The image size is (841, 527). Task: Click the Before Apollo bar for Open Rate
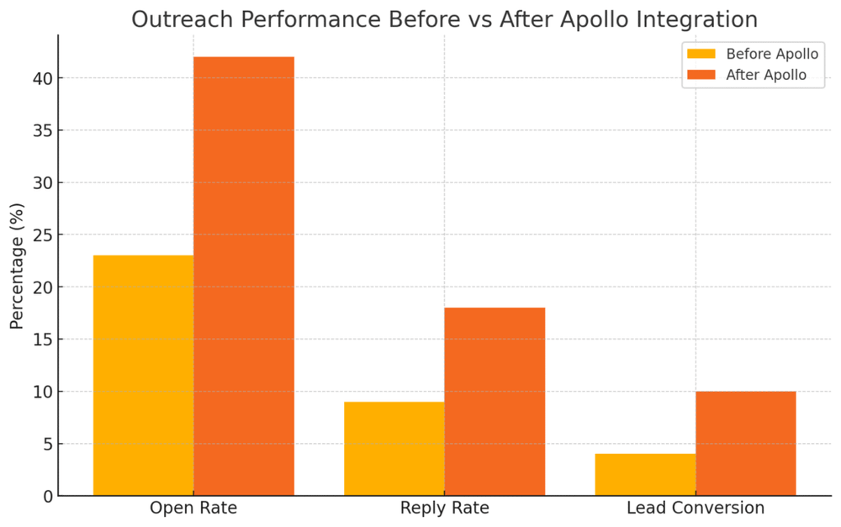point(143,376)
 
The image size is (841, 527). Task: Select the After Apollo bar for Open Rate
point(244,277)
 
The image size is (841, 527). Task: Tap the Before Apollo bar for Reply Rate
point(394,449)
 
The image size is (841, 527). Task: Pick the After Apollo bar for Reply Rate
point(495,402)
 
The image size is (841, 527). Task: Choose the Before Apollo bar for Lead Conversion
point(645,475)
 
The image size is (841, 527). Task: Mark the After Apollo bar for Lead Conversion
point(746,444)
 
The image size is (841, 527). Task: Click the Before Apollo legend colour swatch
point(701,55)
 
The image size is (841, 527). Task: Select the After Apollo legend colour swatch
point(701,75)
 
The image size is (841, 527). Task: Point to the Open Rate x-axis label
point(193,509)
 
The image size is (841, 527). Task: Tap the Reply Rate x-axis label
point(445,509)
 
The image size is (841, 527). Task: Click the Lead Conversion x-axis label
point(696,509)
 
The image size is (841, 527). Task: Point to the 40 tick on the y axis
point(41,79)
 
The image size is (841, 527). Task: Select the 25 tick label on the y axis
point(41,235)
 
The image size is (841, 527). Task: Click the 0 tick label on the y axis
point(46,497)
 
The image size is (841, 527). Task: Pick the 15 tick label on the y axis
point(41,340)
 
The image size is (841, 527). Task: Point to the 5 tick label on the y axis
point(46,444)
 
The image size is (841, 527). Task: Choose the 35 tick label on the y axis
point(41,131)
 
